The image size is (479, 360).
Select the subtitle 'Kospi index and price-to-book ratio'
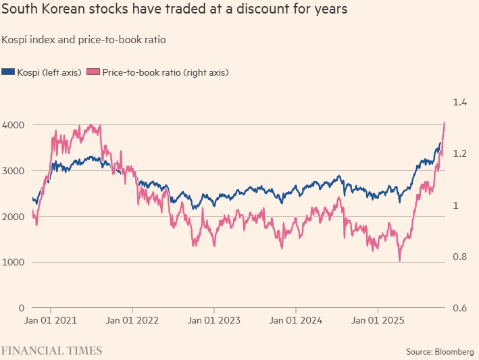coord(84,40)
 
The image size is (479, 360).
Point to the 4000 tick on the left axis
coord(14,125)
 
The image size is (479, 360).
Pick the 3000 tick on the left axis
coord(14,171)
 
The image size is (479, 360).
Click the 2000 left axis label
coord(14,217)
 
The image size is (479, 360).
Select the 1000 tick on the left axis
coord(14,262)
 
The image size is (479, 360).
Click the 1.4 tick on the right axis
coord(460,102)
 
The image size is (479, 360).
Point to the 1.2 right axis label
coord(460,153)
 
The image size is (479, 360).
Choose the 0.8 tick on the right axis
coord(460,257)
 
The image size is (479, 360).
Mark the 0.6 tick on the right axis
coord(460,308)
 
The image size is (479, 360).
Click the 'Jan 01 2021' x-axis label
coord(51,322)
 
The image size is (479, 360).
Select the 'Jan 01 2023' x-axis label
coord(213,322)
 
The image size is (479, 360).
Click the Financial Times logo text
coord(51,351)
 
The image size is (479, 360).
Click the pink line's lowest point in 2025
coord(400,261)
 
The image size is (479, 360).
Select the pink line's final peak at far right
coord(444,123)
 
